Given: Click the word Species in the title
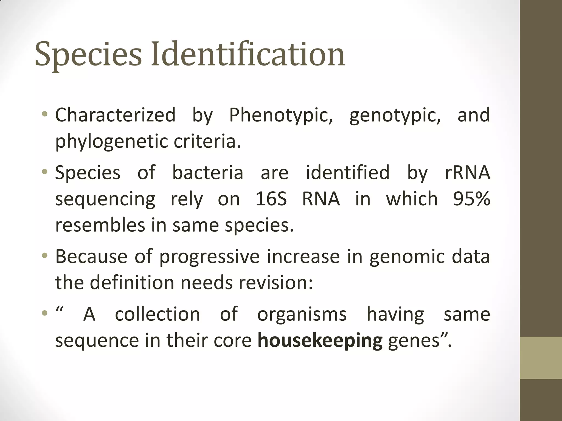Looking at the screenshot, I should [88, 55].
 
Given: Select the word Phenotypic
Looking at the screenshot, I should [281, 115].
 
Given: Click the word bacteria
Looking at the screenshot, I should [208, 173].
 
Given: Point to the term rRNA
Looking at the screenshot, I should [467, 173].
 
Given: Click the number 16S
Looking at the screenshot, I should [271, 199].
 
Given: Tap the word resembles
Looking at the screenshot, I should [100, 225].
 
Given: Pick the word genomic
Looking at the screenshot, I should [407, 257].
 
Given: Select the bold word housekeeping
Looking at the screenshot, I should [320, 341].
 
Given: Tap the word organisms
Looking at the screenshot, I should [302, 314].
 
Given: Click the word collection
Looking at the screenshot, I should [158, 314].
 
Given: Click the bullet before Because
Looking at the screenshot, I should [45, 256].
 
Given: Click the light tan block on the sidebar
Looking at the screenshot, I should [541, 358].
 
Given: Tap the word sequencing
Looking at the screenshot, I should [105, 200].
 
